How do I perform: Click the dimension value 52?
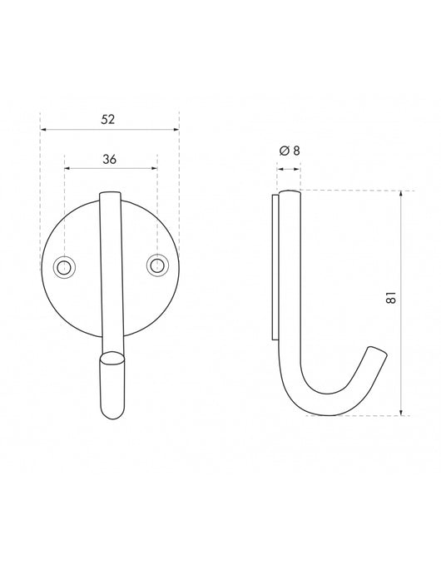click(108, 119)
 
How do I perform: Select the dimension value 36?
click(109, 158)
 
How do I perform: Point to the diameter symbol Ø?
click(285, 150)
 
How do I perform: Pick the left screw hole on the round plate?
click(63, 266)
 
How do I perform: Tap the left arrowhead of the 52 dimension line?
click(44, 129)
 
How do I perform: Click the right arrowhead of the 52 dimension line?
click(175, 129)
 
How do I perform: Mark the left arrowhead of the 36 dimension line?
click(67, 168)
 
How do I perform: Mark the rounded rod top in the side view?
click(289, 195)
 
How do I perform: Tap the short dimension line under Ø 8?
click(288, 169)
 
